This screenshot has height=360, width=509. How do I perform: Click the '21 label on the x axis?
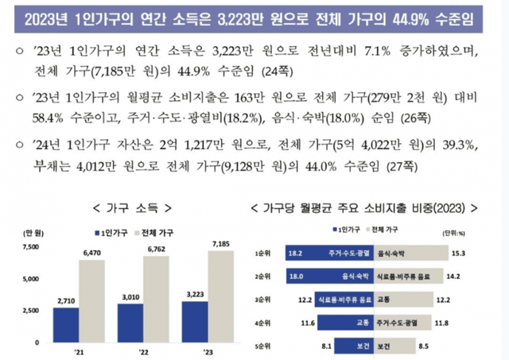point(79,352)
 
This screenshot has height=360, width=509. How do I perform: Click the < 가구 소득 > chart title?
point(133,207)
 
